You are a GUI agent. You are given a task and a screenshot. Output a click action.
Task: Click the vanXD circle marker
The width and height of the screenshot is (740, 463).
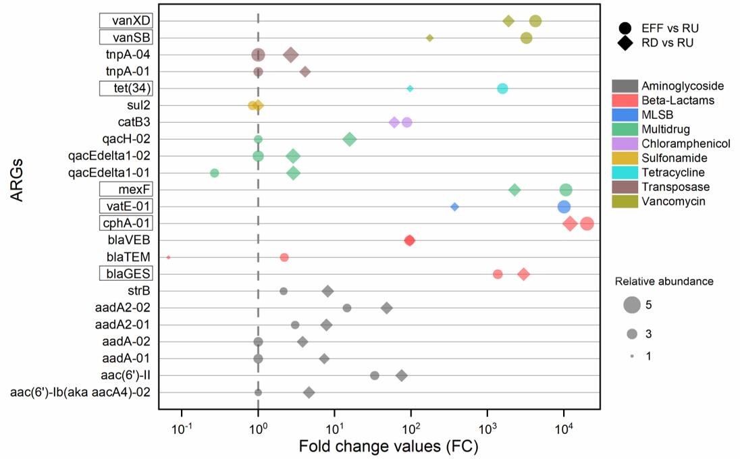click(535, 21)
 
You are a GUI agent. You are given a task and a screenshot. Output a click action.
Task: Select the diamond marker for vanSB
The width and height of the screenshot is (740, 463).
click(429, 38)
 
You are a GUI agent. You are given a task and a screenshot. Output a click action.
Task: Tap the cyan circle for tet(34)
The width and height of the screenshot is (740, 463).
click(502, 88)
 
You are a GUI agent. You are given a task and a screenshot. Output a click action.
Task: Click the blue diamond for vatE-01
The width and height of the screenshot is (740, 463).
click(454, 207)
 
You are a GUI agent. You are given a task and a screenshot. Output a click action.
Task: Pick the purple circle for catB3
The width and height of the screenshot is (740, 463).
click(406, 122)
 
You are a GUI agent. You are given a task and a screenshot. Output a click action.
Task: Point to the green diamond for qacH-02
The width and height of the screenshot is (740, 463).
click(350, 139)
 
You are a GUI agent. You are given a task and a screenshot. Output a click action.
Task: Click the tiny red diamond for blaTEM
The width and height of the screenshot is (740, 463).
click(168, 257)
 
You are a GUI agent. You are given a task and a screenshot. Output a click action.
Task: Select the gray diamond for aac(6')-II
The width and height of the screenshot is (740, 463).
click(402, 375)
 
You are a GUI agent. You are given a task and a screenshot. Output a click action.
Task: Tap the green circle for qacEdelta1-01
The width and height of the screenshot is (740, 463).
click(215, 173)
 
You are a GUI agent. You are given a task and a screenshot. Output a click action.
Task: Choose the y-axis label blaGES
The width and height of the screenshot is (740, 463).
click(126, 274)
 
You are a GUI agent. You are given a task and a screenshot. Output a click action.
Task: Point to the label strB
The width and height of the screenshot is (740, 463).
click(138, 291)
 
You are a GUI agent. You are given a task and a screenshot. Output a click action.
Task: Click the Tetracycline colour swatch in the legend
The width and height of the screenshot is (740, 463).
click(625, 172)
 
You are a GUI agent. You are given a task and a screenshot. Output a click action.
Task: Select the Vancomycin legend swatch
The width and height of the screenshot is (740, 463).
click(625, 200)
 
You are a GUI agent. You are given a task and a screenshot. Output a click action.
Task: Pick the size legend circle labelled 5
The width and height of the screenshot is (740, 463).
click(632, 305)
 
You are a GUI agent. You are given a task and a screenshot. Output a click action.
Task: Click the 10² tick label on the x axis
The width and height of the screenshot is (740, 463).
click(411, 429)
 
